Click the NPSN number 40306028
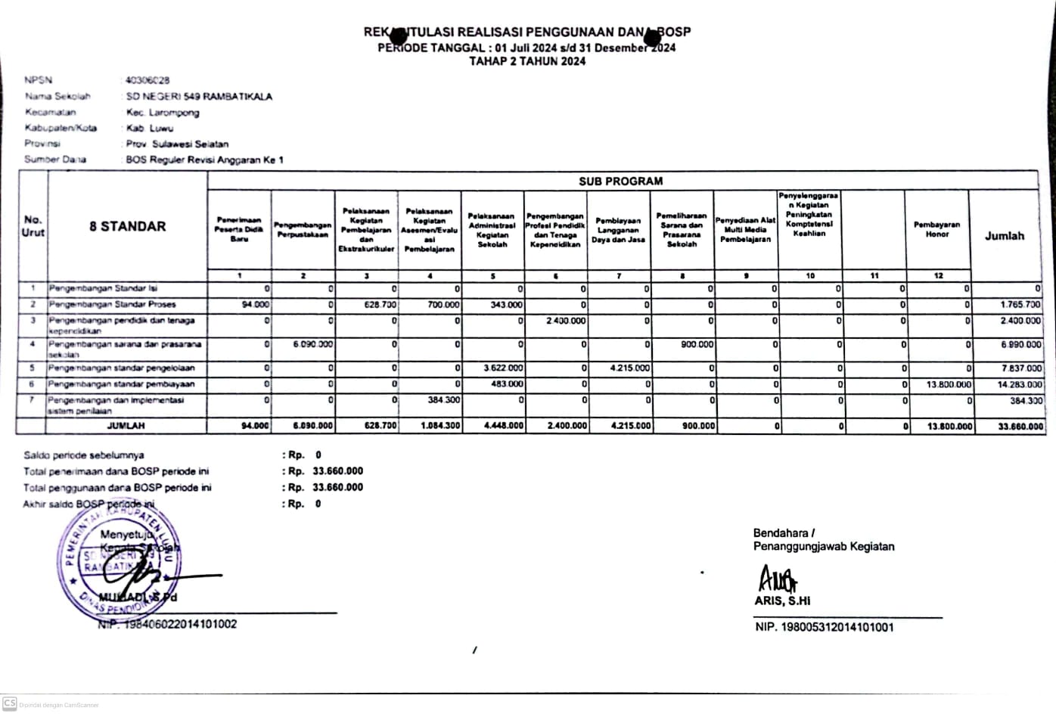(x=148, y=80)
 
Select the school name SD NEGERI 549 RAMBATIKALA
(x=199, y=97)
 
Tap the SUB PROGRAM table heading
(x=620, y=182)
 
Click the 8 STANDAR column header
(x=127, y=226)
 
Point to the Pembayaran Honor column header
(x=936, y=229)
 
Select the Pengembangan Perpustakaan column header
(x=303, y=230)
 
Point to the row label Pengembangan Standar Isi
(x=103, y=288)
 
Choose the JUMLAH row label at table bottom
(x=126, y=426)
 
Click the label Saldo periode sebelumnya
(x=83, y=455)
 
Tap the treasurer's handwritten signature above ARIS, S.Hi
(x=777, y=579)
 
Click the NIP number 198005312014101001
(x=824, y=627)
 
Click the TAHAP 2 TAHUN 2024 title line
(x=527, y=61)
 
